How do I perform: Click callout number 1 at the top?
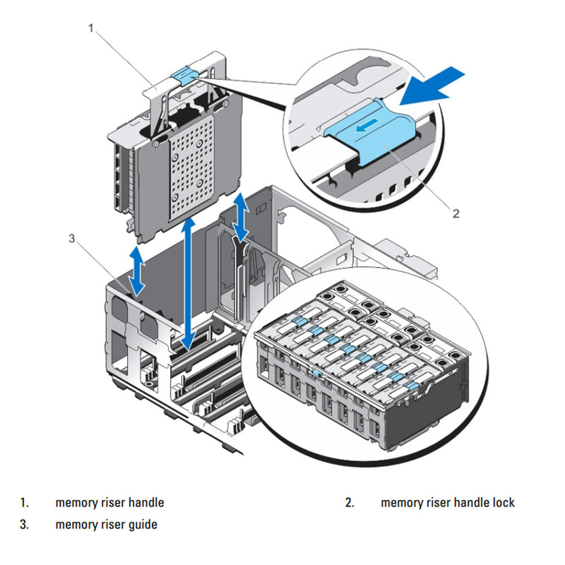click(x=90, y=28)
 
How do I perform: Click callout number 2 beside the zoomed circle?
click(x=456, y=212)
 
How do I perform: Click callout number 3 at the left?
click(x=71, y=238)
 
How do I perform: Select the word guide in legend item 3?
click(x=143, y=524)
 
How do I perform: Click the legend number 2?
click(x=349, y=503)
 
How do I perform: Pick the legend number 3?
click(x=24, y=524)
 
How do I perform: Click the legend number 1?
click(x=24, y=503)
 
